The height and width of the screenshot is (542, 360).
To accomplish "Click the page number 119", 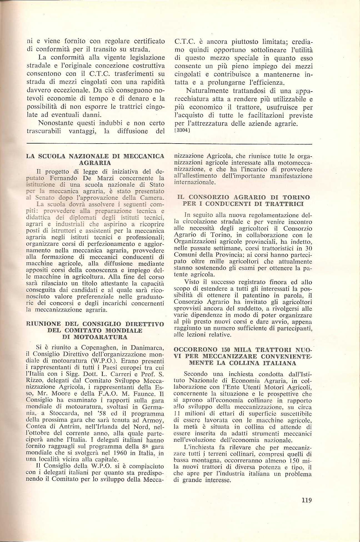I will pos(306,500).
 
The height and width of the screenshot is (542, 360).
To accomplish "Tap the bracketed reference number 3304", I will pos(182,130).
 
